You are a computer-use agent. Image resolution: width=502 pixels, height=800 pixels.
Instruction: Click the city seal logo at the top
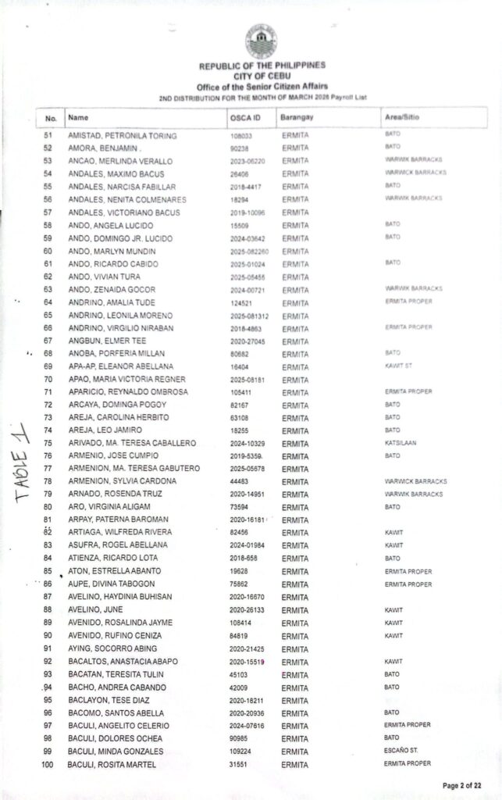tap(262, 41)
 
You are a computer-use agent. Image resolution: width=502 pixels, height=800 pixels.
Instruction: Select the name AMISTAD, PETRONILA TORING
tap(123, 136)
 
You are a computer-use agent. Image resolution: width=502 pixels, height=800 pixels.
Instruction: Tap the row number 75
tap(48, 443)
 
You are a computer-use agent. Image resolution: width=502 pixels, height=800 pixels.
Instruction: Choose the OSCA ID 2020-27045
tap(248, 341)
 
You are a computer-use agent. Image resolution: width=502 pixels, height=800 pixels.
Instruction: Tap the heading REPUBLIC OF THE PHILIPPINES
tap(262, 66)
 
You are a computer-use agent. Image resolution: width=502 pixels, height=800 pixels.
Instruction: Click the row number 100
tap(47, 764)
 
